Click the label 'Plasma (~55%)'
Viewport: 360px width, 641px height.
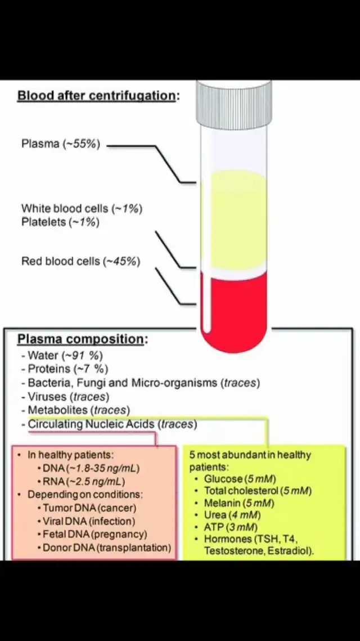pos(61,144)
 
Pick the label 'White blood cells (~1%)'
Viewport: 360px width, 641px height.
pos(82,208)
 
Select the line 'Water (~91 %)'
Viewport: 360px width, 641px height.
pos(62,355)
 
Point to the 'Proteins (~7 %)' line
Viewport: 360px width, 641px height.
pos(65,369)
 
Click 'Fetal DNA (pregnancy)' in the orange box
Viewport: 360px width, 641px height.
pos(95,534)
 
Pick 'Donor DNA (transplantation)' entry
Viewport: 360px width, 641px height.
pos(107,548)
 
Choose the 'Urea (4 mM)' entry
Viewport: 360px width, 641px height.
pos(232,515)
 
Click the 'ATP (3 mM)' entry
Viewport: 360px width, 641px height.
pos(231,527)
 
